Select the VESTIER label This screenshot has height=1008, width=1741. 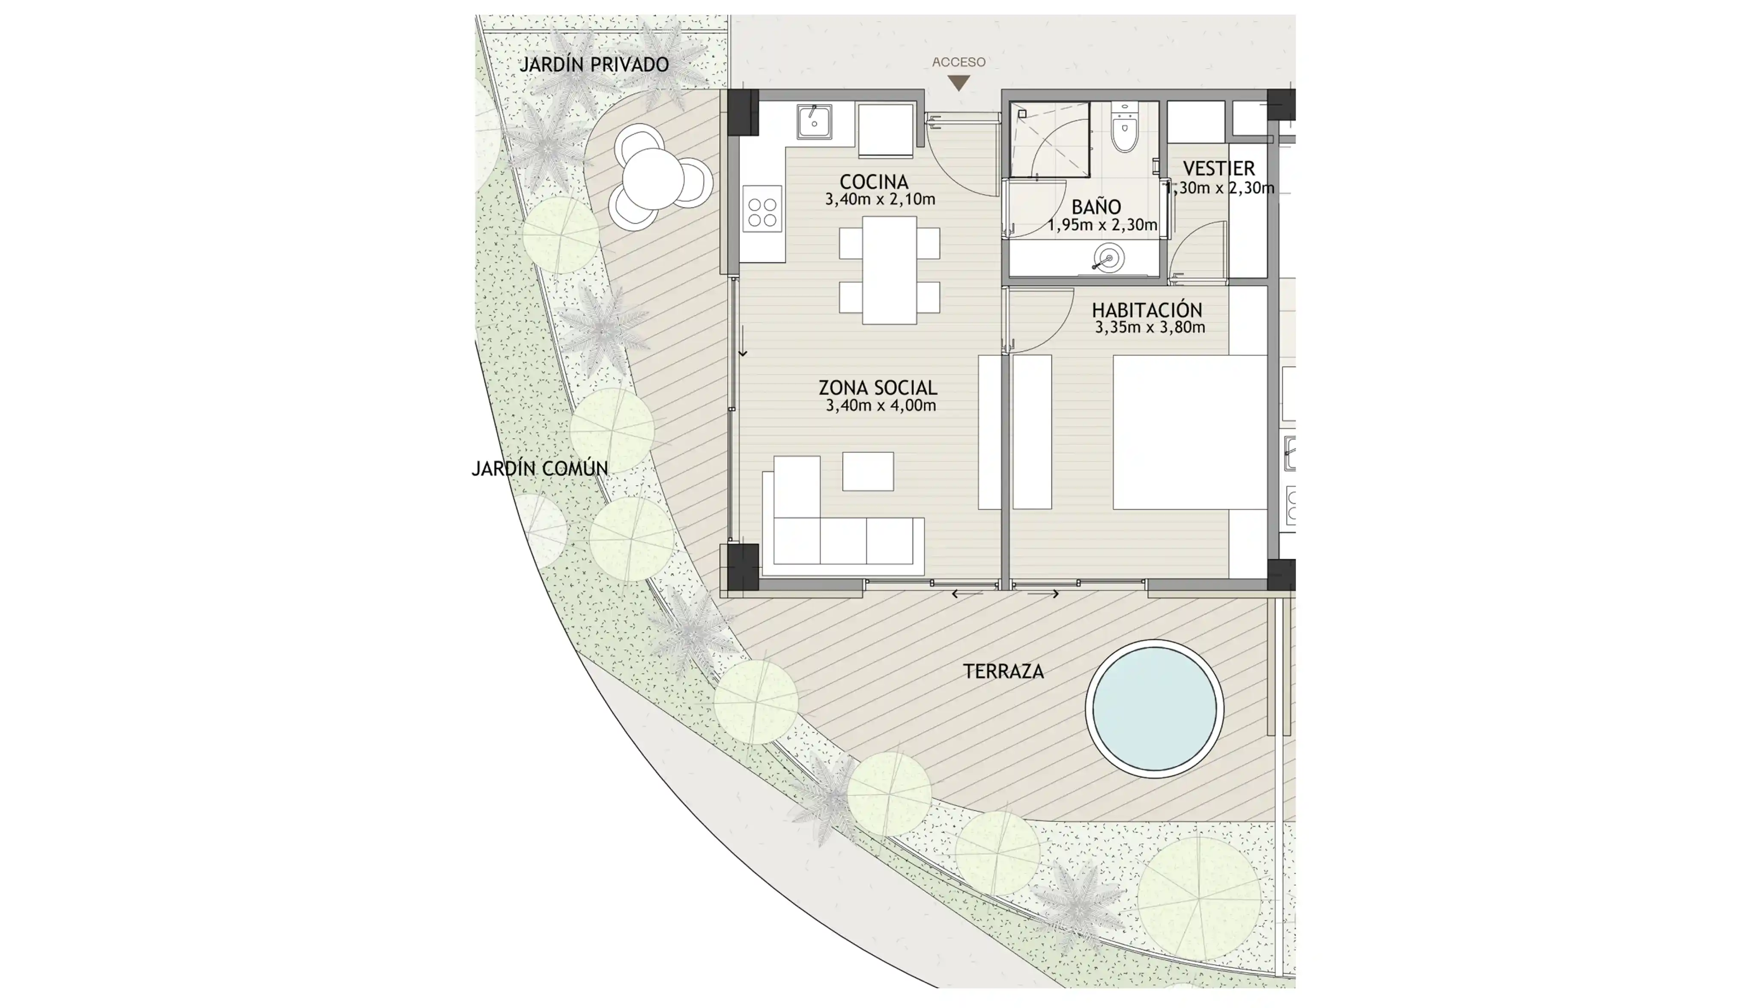coord(1219,168)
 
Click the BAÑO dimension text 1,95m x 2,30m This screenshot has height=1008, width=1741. coord(1102,225)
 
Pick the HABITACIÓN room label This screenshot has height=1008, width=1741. coord(1147,310)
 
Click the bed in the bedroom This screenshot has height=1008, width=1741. coord(1190,432)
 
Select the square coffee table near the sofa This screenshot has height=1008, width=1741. coord(868,471)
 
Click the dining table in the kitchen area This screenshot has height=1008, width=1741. coord(889,270)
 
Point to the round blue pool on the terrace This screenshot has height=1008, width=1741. coord(1154,708)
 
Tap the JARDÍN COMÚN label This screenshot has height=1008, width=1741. coord(540,469)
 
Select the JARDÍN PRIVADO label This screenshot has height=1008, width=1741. coord(594,64)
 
